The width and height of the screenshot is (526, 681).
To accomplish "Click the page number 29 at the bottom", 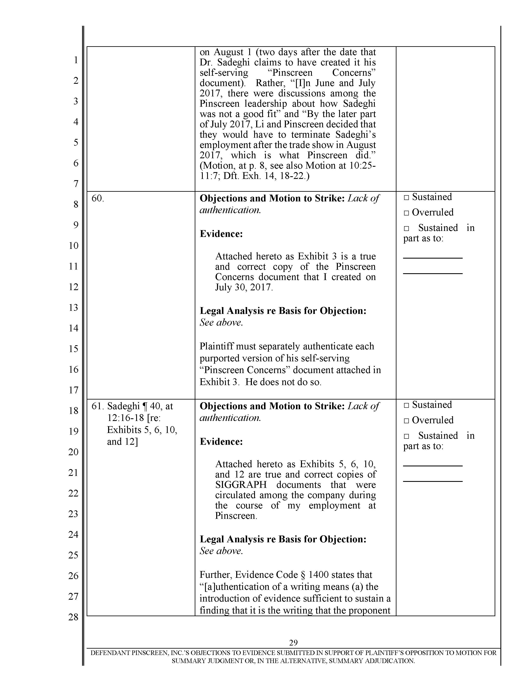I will click(293, 642).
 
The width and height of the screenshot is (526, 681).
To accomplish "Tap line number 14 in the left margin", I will click(74, 328).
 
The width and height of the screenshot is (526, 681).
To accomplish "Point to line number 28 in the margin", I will click(74, 617).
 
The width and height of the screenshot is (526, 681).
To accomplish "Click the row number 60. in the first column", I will click(98, 198).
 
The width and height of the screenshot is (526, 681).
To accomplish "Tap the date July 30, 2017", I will click(244, 287).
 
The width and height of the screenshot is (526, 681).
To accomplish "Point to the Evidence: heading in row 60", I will click(221, 234).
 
